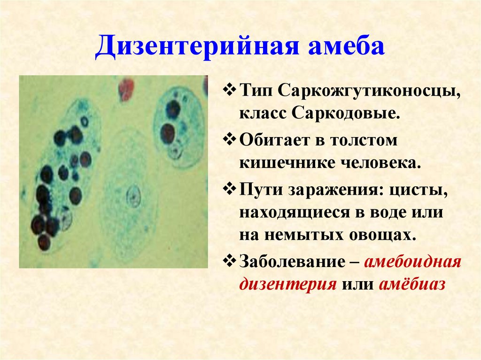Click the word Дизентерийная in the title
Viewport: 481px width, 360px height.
(x=197, y=46)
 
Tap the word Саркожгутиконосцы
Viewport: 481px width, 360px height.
(x=370, y=91)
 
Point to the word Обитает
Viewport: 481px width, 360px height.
(x=274, y=140)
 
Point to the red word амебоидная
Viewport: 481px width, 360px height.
(x=413, y=262)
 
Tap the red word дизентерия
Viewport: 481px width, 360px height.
(x=288, y=285)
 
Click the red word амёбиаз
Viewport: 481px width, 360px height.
(x=412, y=284)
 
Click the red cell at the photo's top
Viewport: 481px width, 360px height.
(x=126, y=89)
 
